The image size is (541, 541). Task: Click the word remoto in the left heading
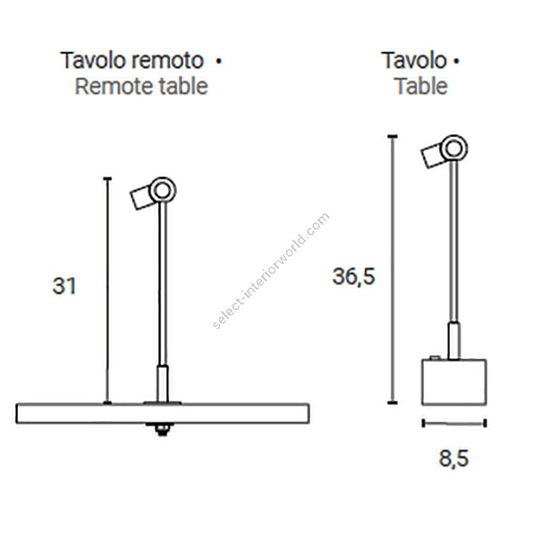click(168, 61)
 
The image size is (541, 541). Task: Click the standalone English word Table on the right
click(421, 86)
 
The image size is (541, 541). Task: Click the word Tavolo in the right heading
click(414, 60)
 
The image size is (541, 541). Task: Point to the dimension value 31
click(64, 286)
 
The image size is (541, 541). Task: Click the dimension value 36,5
click(353, 277)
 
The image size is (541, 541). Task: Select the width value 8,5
click(454, 459)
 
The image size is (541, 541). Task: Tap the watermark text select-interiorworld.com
click(271, 271)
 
